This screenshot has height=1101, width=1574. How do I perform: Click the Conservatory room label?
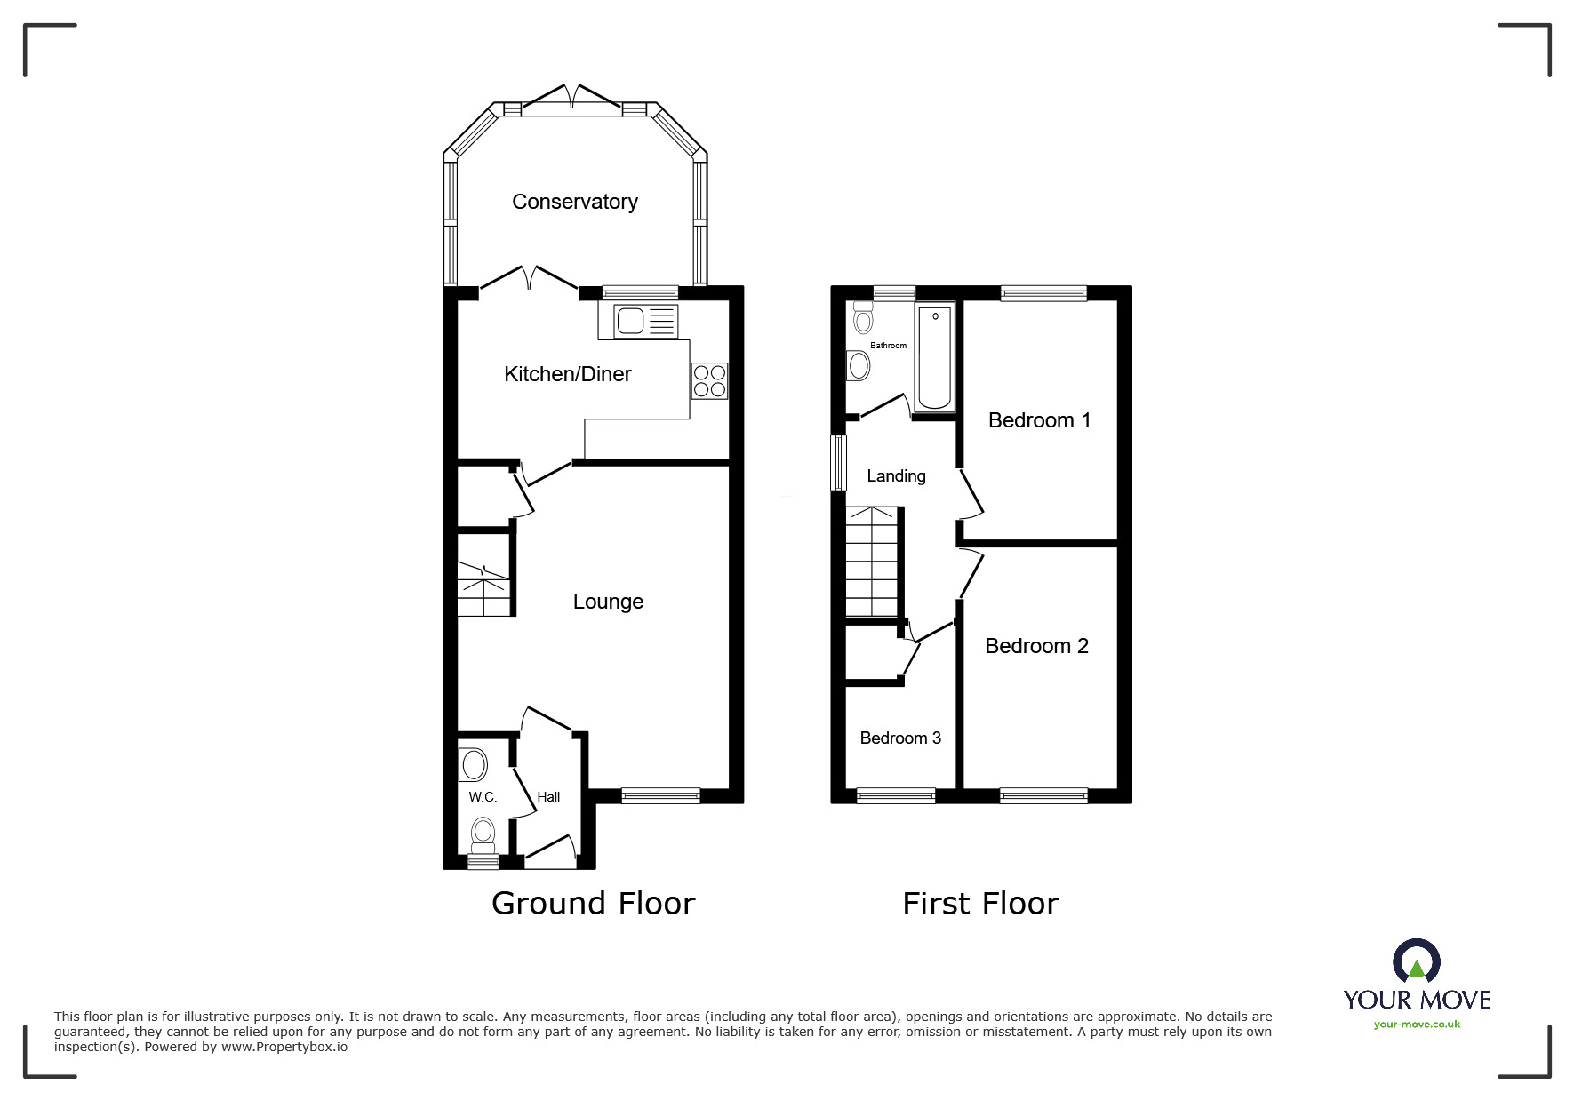tap(574, 202)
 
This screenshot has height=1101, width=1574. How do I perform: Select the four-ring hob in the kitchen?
tap(709, 380)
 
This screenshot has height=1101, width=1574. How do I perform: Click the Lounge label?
tap(608, 602)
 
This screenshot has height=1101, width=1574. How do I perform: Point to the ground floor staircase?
tap(484, 582)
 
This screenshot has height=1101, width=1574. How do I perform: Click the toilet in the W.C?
tap(483, 834)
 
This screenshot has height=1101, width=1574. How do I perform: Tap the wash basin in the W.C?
tap(474, 764)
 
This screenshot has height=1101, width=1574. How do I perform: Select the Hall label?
tap(548, 797)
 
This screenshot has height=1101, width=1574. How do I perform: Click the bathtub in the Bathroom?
tap(934, 355)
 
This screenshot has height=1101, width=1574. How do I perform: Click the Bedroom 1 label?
tap(1039, 420)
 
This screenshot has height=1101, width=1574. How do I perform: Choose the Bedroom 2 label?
tap(1036, 646)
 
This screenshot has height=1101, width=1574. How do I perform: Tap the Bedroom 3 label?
tap(900, 738)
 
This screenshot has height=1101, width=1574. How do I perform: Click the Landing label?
tap(896, 476)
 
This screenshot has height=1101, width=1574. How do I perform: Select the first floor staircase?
tap(872, 562)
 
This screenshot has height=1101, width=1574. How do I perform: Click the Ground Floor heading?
tap(593, 904)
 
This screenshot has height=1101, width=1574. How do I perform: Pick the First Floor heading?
tap(980, 904)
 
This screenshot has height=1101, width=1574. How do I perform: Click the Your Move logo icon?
tap(1416, 961)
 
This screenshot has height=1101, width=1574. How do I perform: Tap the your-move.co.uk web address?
tap(1417, 1025)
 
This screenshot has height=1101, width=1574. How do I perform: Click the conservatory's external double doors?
tap(571, 98)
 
